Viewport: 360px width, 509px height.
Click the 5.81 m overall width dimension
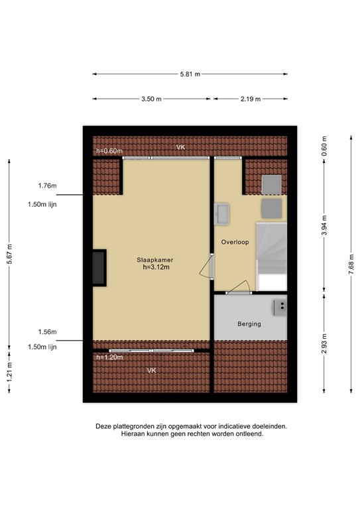[190, 74]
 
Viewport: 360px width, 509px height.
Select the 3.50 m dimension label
[151, 99]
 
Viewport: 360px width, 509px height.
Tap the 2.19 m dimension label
[250, 99]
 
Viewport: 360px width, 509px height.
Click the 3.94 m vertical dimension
[324, 225]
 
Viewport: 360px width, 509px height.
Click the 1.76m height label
[47, 186]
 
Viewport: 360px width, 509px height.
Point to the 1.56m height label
[47, 332]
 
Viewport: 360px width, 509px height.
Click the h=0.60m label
[109, 151]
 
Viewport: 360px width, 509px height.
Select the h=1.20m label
[109, 357]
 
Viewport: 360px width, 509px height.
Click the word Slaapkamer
[152, 259]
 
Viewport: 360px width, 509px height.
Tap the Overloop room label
[235, 242]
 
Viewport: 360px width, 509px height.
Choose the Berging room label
[249, 324]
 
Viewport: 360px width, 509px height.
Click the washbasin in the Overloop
[222, 213]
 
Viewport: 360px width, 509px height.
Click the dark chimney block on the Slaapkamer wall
[98, 268]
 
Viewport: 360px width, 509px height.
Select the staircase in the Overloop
[272, 255]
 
